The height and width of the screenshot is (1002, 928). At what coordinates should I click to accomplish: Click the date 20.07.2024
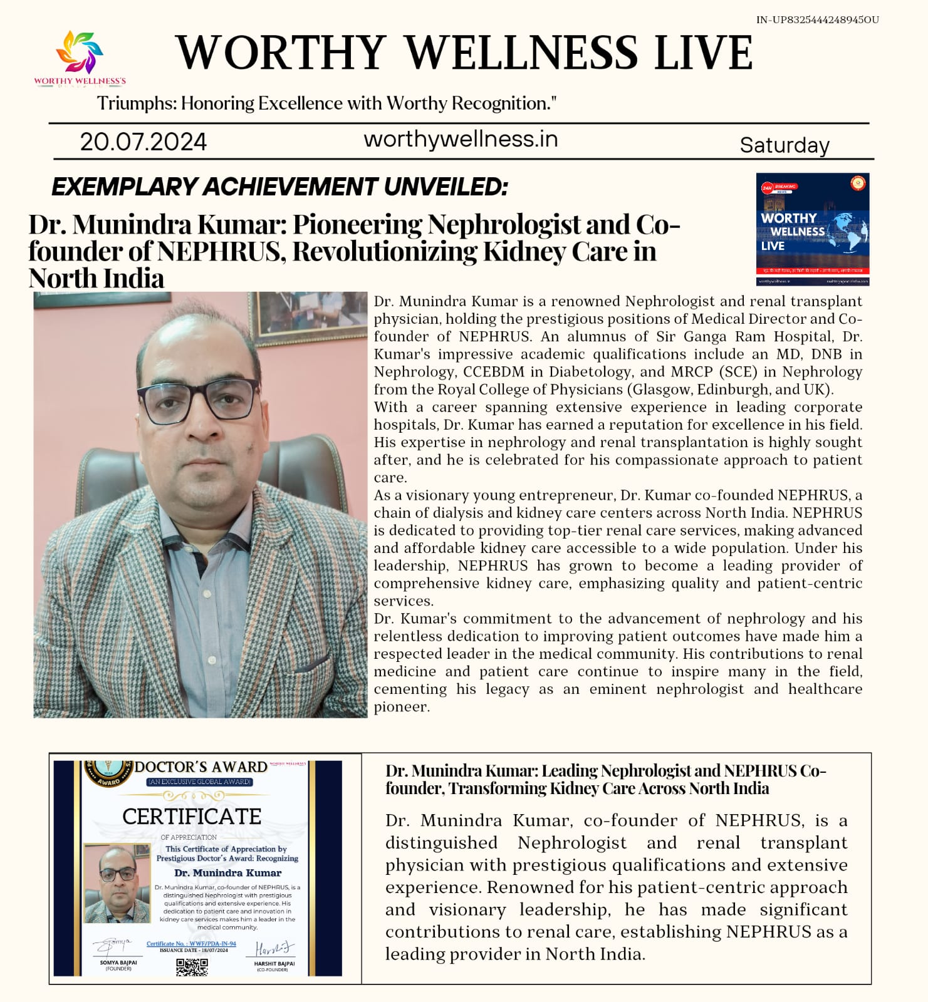pos(143,142)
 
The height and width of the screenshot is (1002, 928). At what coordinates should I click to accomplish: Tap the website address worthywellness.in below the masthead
pos(461,139)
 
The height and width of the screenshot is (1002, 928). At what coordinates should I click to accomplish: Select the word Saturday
pos(785,145)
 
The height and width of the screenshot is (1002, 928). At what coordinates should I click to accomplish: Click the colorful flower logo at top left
pos(80,53)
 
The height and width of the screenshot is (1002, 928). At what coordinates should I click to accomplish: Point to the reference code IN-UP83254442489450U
pos(817,20)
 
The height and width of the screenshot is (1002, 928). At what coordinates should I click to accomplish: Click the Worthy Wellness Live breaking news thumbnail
pos(812,229)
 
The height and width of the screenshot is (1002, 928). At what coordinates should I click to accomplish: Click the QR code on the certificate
pos(192,966)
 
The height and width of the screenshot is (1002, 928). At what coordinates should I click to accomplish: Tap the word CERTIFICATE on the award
pos(192,817)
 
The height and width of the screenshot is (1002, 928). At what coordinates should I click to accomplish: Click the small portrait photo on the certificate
pos(118,883)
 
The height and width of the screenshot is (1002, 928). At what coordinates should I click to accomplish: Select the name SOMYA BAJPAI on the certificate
pos(118,963)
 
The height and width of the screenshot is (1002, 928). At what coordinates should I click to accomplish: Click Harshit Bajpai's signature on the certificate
pos(274,948)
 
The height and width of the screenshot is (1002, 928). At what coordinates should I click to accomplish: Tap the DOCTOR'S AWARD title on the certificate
pos(201,767)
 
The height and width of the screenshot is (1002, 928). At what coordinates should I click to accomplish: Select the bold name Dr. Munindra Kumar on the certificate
pos(227,872)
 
